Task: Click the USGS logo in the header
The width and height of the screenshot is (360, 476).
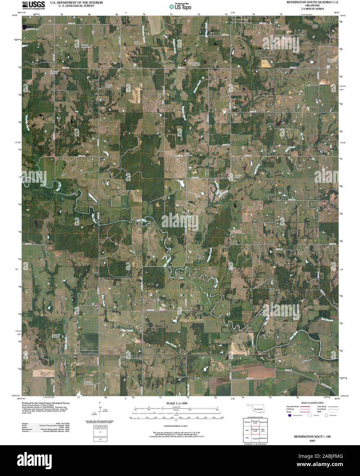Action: pos(34,4)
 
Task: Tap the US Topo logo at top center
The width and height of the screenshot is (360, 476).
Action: pos(180,6)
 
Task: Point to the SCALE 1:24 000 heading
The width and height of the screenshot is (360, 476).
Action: pos(177,404)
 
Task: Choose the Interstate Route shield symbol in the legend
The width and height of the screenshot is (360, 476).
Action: pos(290,415)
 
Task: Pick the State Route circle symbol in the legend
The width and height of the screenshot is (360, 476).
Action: pos(326,415)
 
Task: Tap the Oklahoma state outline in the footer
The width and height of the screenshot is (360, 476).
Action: pos(257,409)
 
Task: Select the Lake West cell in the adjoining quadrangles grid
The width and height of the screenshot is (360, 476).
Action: pos(263,430)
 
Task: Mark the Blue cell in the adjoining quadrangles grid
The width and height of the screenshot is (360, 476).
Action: pos(247,430)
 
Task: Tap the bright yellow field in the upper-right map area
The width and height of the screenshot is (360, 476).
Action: pos(265,63)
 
